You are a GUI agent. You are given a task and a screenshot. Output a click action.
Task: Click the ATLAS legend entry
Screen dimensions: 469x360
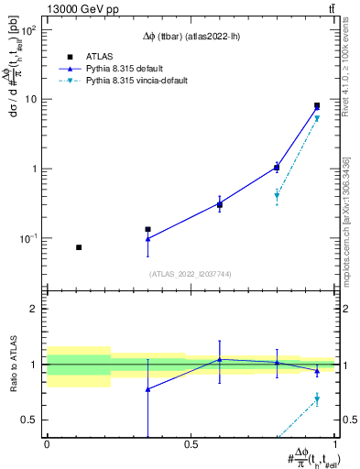(101, 56)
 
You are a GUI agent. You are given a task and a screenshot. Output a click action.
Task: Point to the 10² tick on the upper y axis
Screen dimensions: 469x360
(31, 29)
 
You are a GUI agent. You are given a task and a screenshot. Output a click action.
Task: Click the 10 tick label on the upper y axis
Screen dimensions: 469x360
(33, 99)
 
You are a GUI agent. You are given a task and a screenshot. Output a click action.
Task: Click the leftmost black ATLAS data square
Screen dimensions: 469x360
(79, 247)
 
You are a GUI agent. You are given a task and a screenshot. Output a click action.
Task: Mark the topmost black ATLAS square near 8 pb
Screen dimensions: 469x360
(317, 106)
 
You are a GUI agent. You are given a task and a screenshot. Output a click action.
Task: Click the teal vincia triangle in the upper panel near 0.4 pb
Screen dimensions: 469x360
(277, 196)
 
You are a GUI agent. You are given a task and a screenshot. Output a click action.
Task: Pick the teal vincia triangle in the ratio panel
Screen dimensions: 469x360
(317, 399)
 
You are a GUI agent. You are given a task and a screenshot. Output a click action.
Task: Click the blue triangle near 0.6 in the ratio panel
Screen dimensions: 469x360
(219, 359)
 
